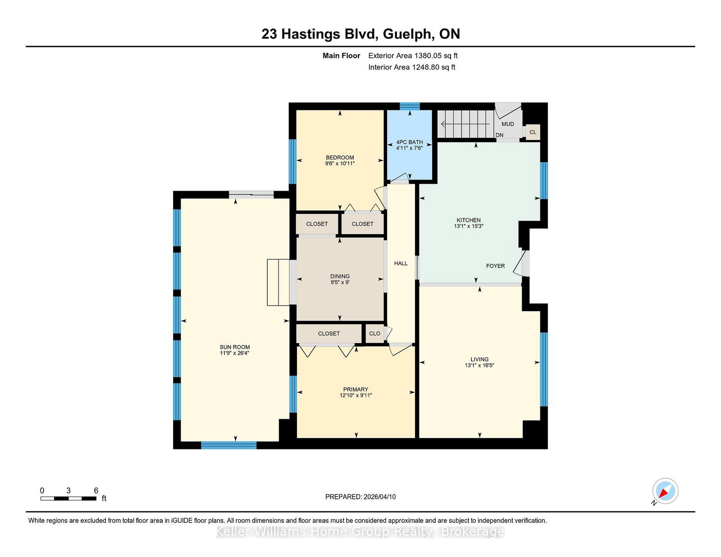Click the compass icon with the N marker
[665, 491]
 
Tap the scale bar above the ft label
[68, 498]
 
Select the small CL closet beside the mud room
[533, 132]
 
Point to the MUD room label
[507, 124]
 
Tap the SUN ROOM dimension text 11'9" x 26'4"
[234, 353]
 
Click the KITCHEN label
[468, 220]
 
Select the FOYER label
[495, 266]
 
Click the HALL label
[401, 263]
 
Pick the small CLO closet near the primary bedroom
[374, 334]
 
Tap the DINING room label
[340, 276]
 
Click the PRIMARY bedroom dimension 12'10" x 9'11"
[356, 395]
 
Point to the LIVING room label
[479, 359]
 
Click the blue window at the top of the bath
[410, 106]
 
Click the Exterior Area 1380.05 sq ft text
[413, 56]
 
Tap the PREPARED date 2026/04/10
[379, 497]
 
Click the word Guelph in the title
[409, 34]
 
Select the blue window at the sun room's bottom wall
[228, 445]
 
